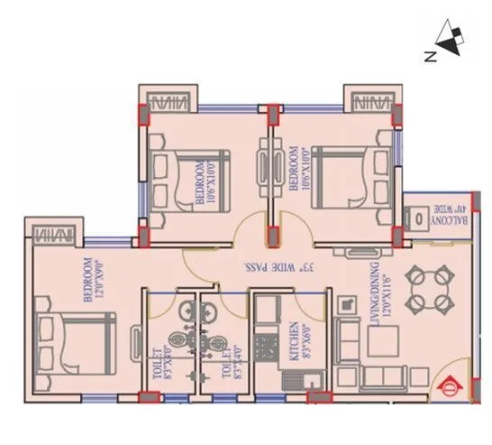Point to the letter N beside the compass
click(x=431, y=57)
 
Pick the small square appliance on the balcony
click(x=417, y=218)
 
